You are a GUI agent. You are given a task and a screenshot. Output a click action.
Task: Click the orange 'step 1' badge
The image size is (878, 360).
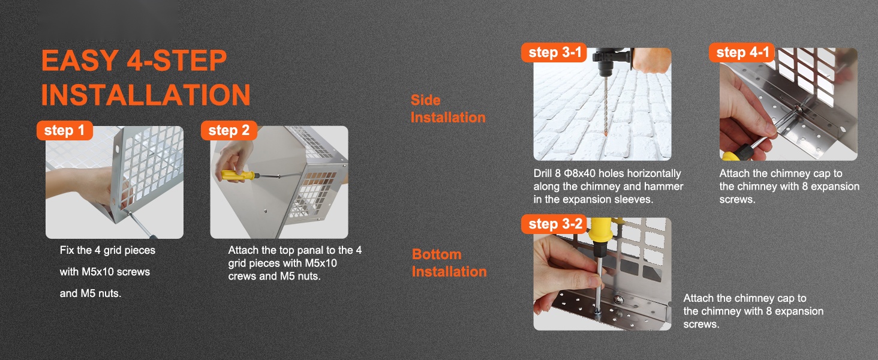[65, 131]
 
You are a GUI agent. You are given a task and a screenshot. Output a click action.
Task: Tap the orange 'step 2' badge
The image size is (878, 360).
[229, 131]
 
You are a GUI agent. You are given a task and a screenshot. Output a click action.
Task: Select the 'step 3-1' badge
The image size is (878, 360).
[554, 53]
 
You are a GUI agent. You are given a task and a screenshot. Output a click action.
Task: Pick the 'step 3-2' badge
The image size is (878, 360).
[554, 224]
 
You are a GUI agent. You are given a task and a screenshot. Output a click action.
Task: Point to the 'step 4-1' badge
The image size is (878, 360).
[742, 53]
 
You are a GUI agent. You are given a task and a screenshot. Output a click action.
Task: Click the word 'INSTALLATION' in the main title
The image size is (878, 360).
[145, 95]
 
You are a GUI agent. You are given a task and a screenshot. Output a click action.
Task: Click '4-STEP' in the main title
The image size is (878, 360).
[177, 61]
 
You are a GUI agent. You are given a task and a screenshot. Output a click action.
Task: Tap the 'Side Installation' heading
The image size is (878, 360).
[448, 109]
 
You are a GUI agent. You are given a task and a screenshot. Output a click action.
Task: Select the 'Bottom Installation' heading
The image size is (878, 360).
[449, 263]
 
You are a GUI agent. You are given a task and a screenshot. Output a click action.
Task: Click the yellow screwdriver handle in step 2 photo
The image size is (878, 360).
[237, 175]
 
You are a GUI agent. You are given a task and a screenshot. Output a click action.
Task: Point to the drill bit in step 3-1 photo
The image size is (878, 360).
[605, 106]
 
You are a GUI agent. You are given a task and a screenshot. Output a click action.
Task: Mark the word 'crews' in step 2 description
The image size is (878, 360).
[242, 276]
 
